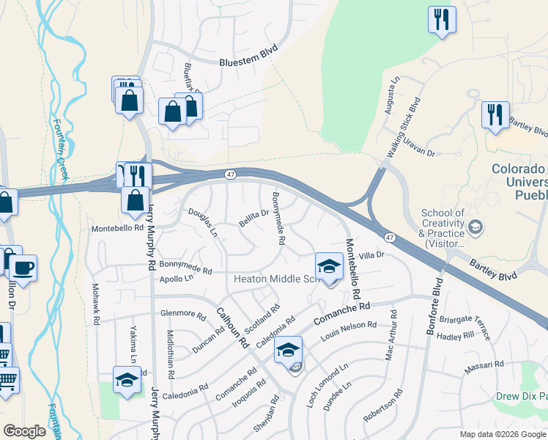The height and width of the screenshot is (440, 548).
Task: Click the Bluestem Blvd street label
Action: [249, 62]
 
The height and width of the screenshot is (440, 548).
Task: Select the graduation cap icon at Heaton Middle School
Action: [330, 265]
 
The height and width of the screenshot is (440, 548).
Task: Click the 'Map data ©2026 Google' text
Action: [503, 434]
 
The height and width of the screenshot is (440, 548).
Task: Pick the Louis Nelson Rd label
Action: [349, 330]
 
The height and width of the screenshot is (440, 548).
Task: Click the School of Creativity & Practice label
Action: [443, 228]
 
